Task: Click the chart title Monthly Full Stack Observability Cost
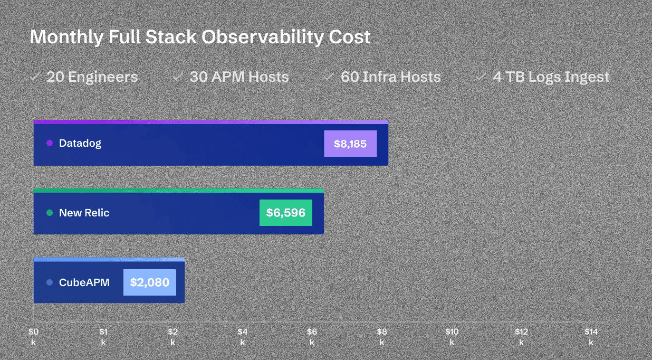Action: pos(200,37)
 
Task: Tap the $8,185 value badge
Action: pos(350,144)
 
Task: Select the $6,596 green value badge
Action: pos(285,213)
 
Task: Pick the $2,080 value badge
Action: pos(150,282)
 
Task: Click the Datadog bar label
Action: pos(80,143)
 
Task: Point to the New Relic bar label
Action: pos(84,213)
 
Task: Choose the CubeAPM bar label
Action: pos(84,282)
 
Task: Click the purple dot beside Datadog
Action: pos(50,143)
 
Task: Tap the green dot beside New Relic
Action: pos(50,213)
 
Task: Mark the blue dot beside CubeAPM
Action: pos(50,282)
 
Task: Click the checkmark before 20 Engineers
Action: pos(35,77)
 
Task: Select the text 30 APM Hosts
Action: pos(239,77)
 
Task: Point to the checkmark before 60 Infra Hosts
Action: pos(329,77)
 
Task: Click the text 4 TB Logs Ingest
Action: pos(551,77)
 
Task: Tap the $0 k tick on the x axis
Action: pos(33,336)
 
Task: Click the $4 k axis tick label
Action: pos(243,336)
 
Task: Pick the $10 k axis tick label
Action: pos(452,336)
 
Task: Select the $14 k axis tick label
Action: pos(591,336)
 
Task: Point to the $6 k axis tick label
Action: pos(312,336)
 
